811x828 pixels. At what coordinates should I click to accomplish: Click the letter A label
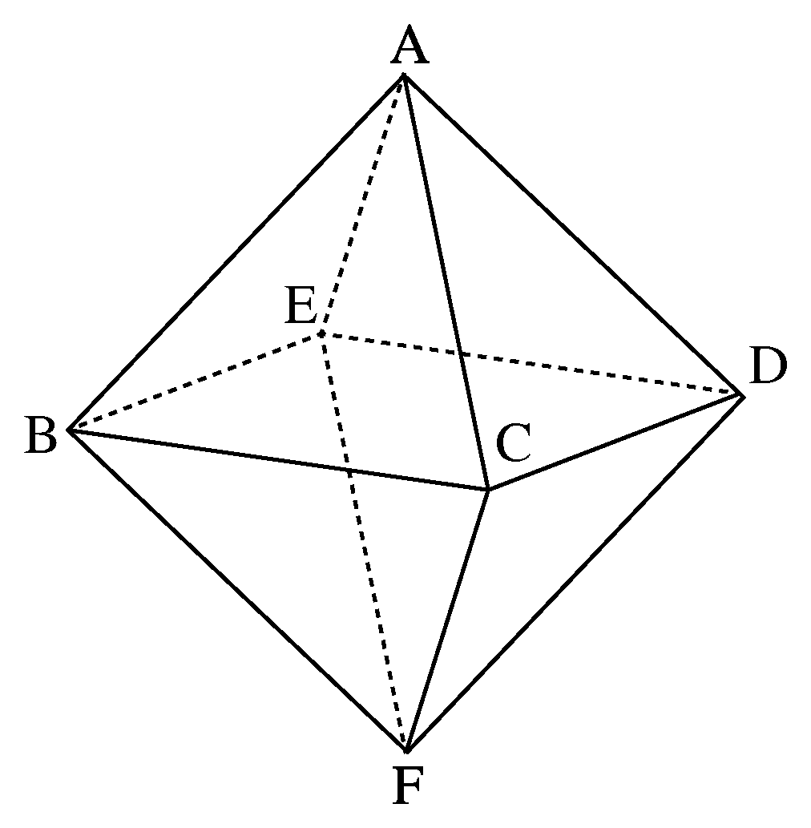point(410,47)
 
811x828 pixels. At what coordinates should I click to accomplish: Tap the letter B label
point(41,434)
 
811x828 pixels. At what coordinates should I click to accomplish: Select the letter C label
point(513,442)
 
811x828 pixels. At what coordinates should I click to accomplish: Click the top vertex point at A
point(403,75)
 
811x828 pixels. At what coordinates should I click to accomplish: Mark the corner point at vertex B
point(70,430)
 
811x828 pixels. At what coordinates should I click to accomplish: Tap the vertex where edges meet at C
point(487,491)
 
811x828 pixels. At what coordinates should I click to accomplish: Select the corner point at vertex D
point(744,395)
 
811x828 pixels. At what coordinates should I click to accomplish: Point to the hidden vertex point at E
point(321,333)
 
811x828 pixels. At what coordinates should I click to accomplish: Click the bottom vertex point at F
point(406,751)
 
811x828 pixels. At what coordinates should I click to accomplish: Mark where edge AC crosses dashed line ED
point(462,353)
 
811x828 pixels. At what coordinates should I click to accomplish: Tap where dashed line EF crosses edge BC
point(348,470)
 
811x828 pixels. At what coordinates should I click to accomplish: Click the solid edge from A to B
point(236,253)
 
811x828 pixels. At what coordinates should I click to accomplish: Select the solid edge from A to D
point(574,236)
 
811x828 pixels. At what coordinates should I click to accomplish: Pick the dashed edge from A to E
point(362,204)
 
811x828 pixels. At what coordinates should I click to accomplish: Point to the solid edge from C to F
point(447,621)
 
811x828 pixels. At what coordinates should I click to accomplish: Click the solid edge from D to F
point(575,573)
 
